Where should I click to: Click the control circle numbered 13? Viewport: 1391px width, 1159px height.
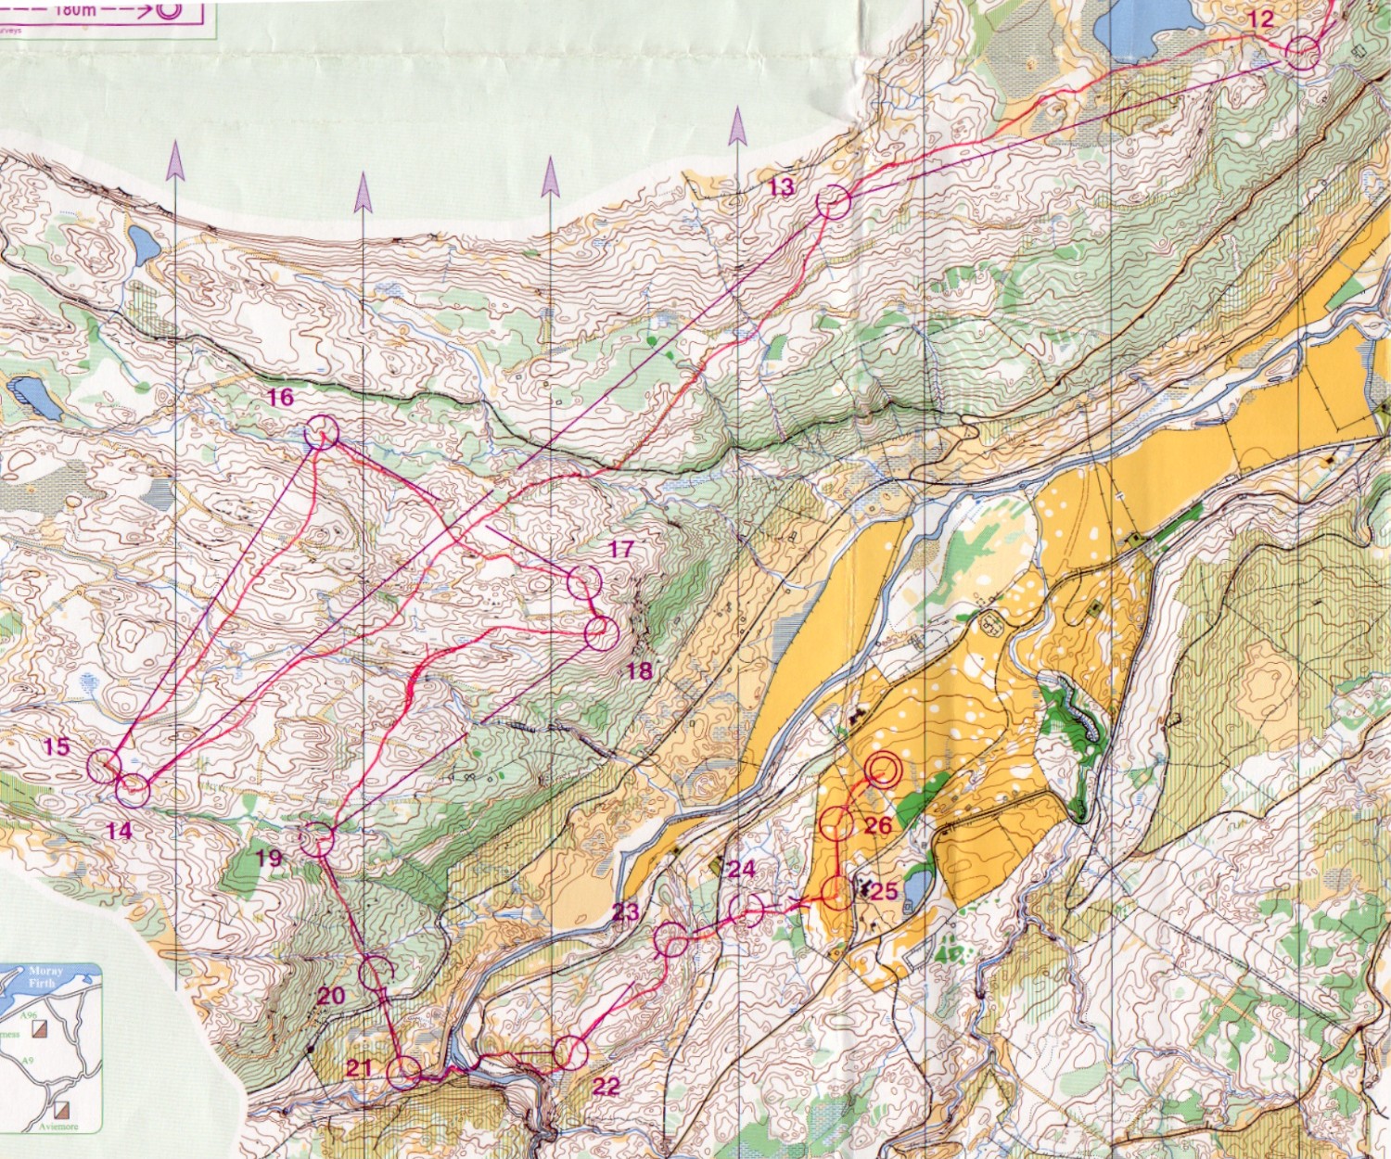(833, 202)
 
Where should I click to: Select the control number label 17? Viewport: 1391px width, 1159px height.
(620, 549)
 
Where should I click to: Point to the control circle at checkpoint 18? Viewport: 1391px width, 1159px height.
(601, 632)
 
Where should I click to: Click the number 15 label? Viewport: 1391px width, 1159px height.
(57, 746)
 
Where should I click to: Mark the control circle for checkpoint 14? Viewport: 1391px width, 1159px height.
(133, 790)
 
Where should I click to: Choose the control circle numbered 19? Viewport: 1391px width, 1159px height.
(317, 838)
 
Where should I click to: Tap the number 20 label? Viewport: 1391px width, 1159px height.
(330, 997)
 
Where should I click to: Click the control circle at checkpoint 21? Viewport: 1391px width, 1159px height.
(403, 1072)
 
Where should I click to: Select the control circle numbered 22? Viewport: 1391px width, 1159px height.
(571, 1052)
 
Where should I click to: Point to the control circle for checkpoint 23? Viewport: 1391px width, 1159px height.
(670, 939)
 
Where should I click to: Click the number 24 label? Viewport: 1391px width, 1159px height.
(741, 869)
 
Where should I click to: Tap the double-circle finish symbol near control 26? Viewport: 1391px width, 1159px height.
(883, 771)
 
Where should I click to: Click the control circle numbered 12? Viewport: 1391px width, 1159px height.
(1303, 54)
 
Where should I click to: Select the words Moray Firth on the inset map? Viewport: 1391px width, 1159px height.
(42, 976)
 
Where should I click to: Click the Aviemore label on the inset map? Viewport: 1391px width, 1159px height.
(54, 1127)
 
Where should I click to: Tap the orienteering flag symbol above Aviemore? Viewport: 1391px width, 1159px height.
(65, 1108)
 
